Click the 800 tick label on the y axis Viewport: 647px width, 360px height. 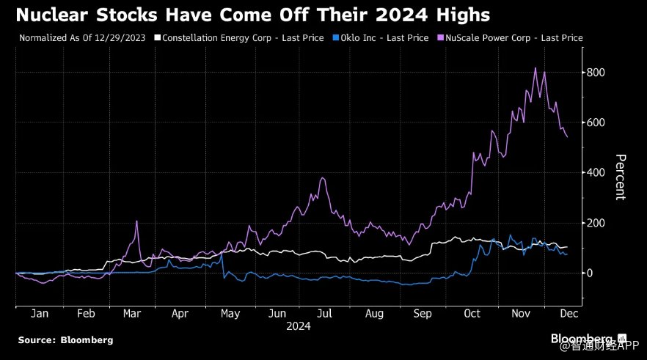(596, 72)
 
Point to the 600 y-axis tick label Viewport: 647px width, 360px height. (596, 122)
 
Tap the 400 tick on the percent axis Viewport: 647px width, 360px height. (596, 172)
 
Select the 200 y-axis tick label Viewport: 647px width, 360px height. (596, 223)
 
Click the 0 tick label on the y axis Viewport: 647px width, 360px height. (589, 273)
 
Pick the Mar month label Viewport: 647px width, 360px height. (132, 313)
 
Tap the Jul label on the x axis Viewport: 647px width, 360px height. (324, 313)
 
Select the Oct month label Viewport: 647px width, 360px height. (472, 313)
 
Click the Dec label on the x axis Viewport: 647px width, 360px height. (569, 313)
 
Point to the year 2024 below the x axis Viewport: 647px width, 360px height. (298, 326)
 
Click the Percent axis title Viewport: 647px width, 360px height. (619, 177)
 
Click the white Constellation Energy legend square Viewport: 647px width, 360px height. (157, 37)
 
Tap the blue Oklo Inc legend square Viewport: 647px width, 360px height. (335, 37)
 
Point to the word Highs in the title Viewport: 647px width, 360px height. (454, 15)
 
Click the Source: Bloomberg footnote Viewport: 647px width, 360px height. (65, 340)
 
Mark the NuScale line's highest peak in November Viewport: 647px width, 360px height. (535, 68)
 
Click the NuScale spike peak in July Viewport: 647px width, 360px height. (323, 177)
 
